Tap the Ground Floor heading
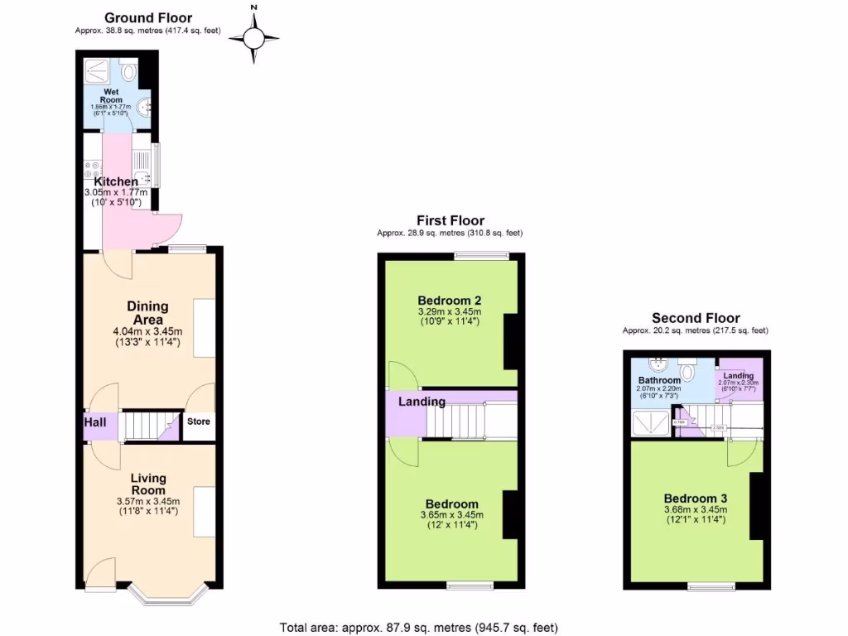coord(148,17)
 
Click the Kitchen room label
coord(116,181)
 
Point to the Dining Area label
coord(147,313)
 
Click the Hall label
coord(94,422)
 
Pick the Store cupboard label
coord(198,422)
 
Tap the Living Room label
coord(147,484)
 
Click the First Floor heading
coord(450,220)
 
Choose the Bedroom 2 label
coord(450,300)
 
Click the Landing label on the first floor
coord(422,402)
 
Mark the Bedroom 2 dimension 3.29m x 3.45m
coord(450,311)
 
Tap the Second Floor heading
coord(696,318)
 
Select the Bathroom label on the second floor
coord(658,381)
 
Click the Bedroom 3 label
coord(696,498)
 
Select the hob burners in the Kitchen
coord(91,169)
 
